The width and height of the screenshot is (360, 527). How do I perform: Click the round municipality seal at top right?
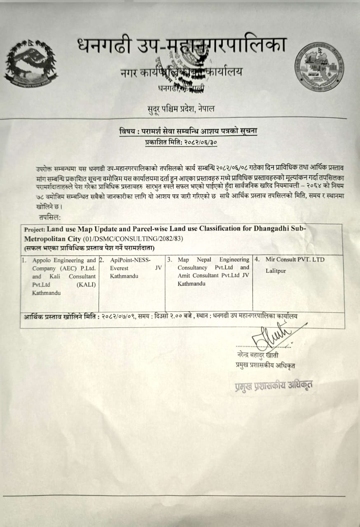click(320, 68)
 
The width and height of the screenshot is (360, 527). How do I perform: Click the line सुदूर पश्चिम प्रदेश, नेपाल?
click(181, 109)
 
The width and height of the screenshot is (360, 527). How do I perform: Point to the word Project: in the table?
click(35, 230)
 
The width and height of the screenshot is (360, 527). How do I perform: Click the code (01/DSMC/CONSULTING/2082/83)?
click(133, 239)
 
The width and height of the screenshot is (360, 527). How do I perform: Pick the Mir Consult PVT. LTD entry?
click(295, 260)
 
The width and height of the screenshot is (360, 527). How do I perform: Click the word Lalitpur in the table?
click(276, 271)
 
